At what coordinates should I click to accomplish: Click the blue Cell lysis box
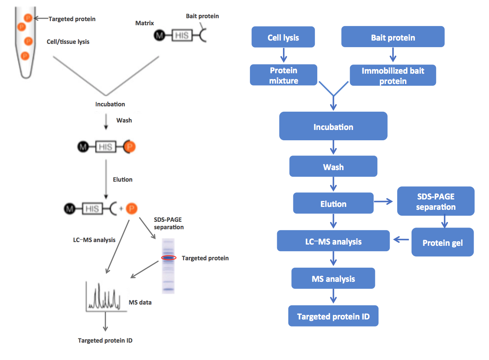pyautogui.click(x=283, y=37)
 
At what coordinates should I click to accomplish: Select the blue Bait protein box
pyautogui.click(x=393, y=37)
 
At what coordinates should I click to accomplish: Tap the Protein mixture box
pyautogui.click(x=283, y=75)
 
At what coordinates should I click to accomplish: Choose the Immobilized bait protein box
pyautogui.click(x=393, y=75)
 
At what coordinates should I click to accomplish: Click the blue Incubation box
pyautogui.click(x=333, y=126)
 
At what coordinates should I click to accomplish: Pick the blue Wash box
pyautogui.click(x=333, y=167)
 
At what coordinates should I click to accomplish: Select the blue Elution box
pyautogui.click(x=333, y=203)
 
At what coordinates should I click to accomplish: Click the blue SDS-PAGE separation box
pyautogui.click(x=435, y=202)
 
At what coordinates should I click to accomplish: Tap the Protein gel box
pyautogui.click(x=442, y=242)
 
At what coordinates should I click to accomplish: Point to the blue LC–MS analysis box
pyautogui.click(x=333, y=241)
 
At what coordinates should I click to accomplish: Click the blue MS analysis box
pyautogui.click(x=333, y=278)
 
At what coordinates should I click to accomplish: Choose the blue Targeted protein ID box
pyautogui.click(x=333, y=317)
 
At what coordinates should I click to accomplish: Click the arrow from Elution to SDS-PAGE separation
pyautogui.click(x=384, y=202)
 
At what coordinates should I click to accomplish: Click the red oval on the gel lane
pyautogui.click(x=169, y=258)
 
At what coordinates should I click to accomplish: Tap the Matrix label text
pyautogui.click(x=145, y=23)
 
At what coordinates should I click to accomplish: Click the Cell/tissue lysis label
pyautogui.click(x=68, y=42)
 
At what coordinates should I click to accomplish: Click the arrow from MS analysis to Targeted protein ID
pyautogui.click(x=333, y=298)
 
